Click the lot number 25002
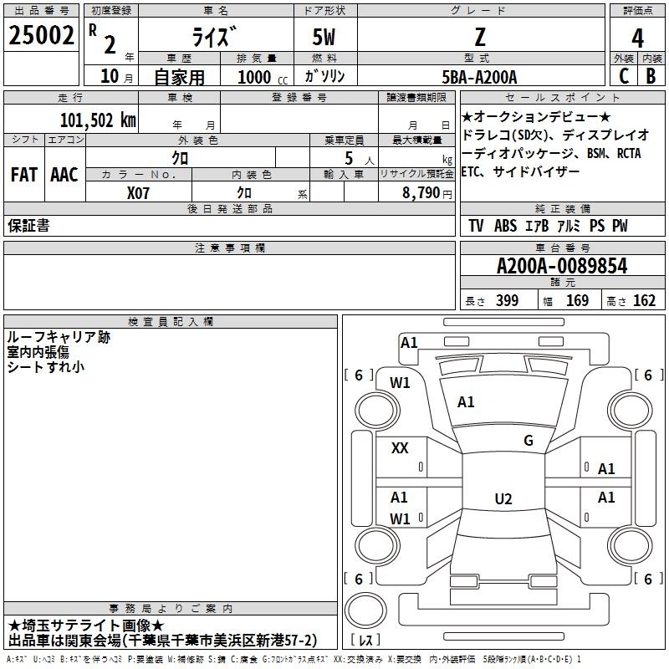[x=41, y=35]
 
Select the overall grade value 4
[x=637, y=38]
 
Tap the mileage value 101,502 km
[x=98, y=120]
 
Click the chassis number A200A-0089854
[x=562, y=266]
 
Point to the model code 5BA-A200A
[x=479, y=77]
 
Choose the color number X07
[x=138, y=193]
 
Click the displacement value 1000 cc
[x=263, y=77]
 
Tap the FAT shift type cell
[x=24, y=175]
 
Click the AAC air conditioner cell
[x=64, y=175]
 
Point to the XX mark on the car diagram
[x=400, y=448]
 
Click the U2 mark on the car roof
[x=503, y=498]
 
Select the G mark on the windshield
[x=529, y=441]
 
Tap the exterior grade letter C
[x=624, y=76]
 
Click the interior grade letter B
[x=651, y=76]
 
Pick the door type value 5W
[x=324, y=37]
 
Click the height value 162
[x=644, y=301]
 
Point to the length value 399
[x=507, y=301]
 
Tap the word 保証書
[x=28, y=225]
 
